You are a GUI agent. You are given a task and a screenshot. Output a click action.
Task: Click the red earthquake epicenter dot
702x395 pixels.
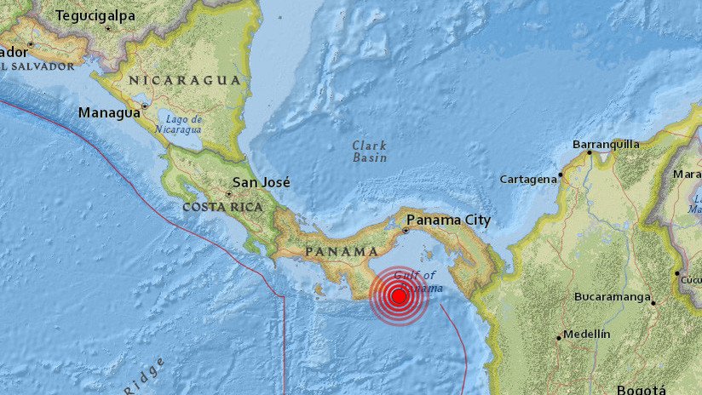click(x=398, y=296)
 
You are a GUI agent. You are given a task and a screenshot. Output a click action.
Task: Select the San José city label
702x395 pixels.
click(x=262, y=182)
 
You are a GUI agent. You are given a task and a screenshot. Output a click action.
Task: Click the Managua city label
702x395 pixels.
click(x=108, y=112)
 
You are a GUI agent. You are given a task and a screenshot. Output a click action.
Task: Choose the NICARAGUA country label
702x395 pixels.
click(x=184, y=80)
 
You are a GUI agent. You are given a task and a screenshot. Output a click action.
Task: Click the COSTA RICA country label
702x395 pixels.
click(x=222, y=207)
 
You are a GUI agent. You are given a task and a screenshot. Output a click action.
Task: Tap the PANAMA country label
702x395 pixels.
click(x=341, y=252)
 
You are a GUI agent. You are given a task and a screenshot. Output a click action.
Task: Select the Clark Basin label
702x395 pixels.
click(x=370, y=152)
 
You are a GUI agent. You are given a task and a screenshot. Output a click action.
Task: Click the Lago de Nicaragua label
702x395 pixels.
click(x=179, y=124)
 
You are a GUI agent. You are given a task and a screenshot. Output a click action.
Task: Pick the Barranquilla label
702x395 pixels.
click(x=606, y=144)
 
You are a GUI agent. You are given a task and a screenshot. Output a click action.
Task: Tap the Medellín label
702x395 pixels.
click(x=587, y=335)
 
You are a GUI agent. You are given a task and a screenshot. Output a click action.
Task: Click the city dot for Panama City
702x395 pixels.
click(x=408, y=230)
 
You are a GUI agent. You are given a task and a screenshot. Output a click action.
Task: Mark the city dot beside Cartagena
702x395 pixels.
click(x=561, y=177)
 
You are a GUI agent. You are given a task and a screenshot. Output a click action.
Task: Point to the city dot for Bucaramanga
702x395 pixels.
click(x=653, y=302)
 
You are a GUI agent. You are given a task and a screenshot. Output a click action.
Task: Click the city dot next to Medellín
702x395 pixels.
click(x=560, y=337)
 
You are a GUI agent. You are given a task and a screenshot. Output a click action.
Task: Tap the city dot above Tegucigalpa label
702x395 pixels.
click(x=108, y=27)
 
